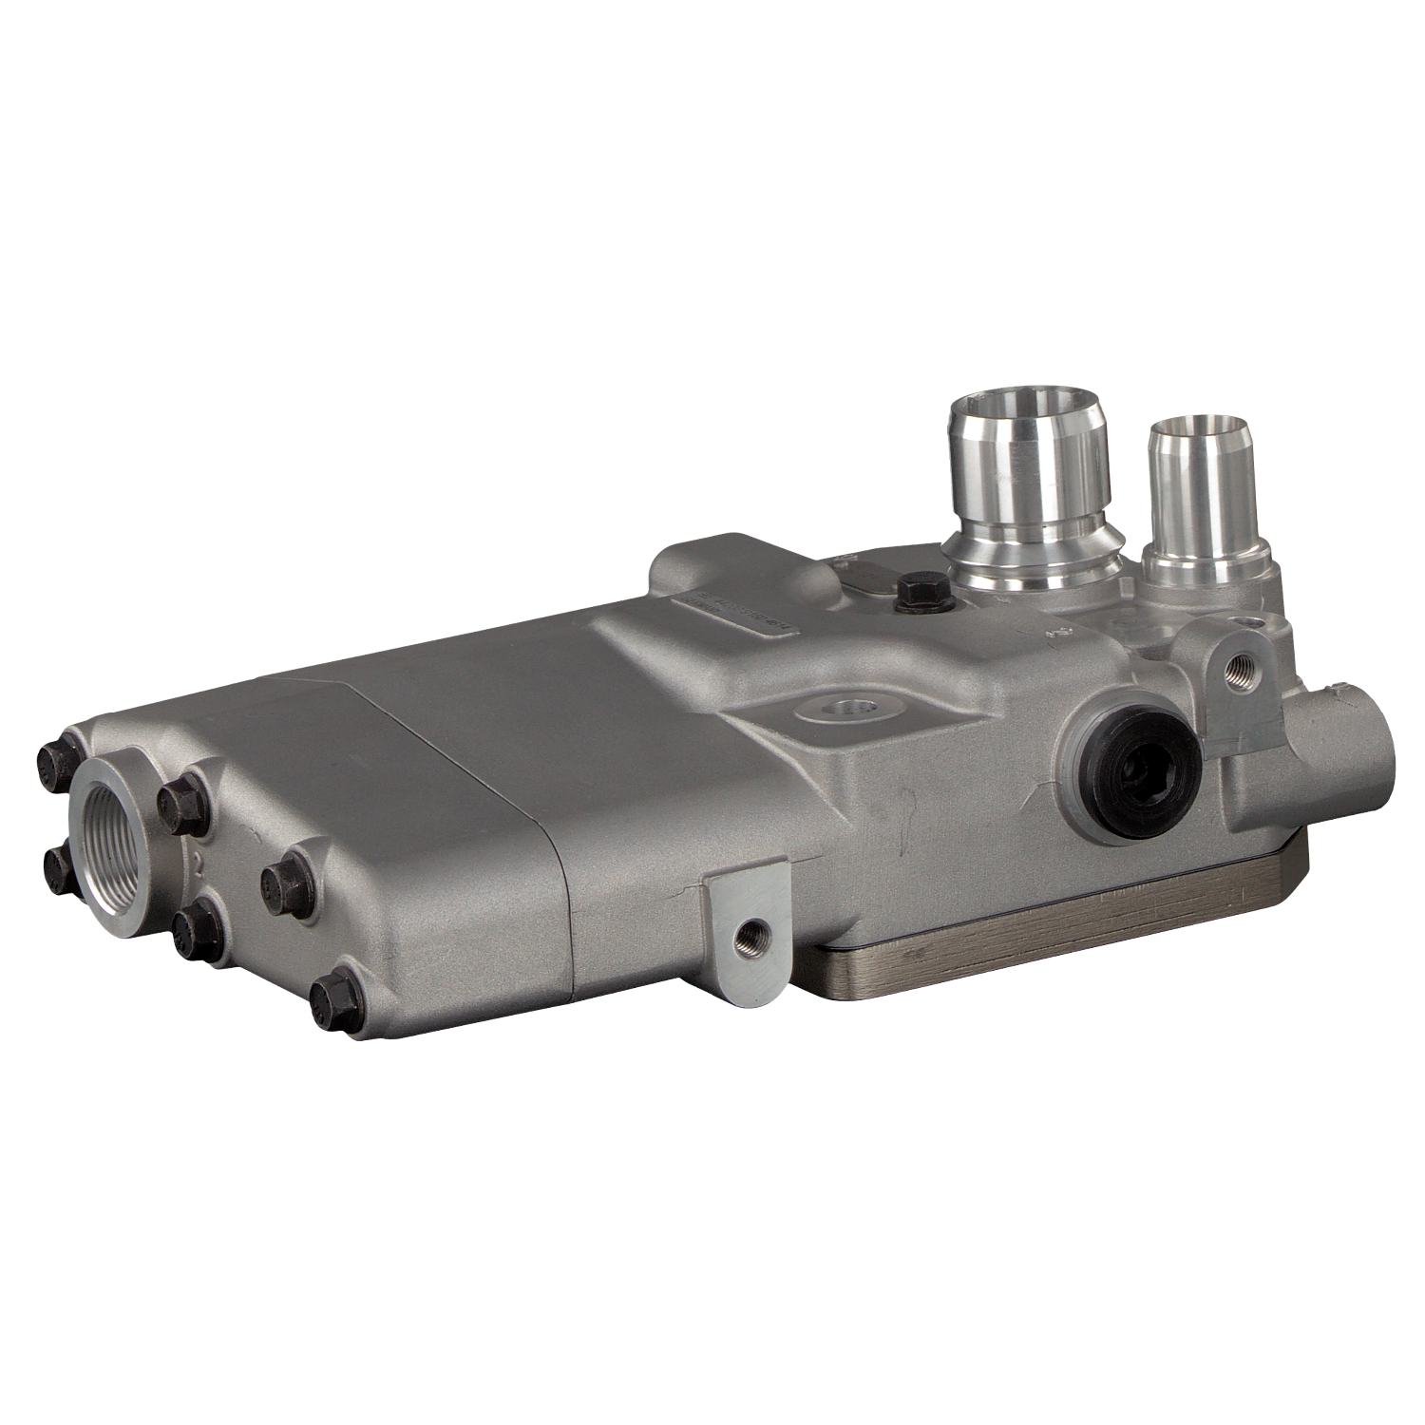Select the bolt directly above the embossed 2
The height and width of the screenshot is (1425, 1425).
[182, 804]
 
